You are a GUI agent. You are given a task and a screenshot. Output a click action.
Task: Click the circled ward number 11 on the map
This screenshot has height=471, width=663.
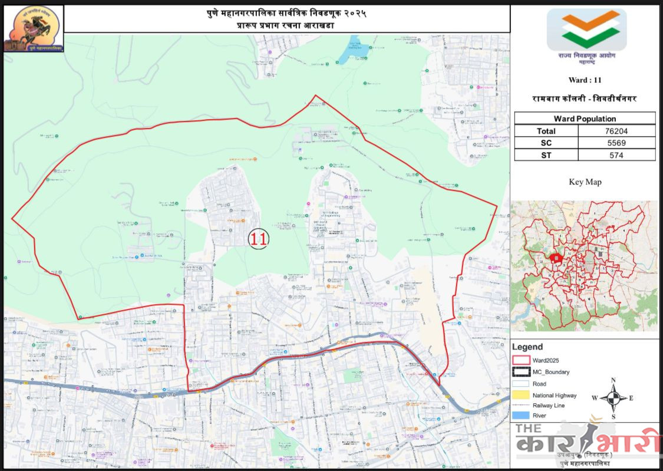[x=258, y=238]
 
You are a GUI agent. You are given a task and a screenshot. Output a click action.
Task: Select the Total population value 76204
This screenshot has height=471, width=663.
[x=616, y=131]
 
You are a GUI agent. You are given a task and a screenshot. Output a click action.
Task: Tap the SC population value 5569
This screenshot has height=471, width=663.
[x=616, y=143]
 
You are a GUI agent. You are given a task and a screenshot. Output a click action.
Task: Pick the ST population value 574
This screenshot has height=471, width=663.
[x=616, y=155]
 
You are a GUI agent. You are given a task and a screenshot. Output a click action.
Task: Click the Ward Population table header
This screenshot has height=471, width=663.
[x=585, y=118]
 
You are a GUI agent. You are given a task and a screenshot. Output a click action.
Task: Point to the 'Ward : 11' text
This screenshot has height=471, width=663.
[x=585, y=80]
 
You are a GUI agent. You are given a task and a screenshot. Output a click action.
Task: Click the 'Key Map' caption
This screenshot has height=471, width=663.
[x=585, y=182]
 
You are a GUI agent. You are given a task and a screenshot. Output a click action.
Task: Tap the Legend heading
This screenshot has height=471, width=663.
[x=527, y=347]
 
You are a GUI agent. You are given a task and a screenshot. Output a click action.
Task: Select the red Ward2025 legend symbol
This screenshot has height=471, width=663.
[x=522, y=360]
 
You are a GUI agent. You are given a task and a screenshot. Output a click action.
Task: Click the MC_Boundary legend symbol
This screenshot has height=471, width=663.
[x=522, y=372]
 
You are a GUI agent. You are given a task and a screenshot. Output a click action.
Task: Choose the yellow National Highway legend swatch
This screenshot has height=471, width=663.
[x=522, y=396]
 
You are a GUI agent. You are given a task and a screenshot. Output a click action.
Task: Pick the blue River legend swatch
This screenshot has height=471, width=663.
[x=522, y=416]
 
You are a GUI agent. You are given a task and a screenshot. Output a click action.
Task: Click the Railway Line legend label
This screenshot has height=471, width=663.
[x=549, y=406]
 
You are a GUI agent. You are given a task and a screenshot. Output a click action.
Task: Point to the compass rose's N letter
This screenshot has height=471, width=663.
[x=613, y=380]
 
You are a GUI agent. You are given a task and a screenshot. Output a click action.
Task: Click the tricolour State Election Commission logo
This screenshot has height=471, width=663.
[x=586, y=29]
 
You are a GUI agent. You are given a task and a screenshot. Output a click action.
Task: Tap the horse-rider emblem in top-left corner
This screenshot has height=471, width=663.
[x=34, y=28]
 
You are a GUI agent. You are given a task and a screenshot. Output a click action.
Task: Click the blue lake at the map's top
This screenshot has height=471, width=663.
[x=352, y=50]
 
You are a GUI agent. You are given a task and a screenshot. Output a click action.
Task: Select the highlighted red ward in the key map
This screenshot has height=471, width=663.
[x=555, y=258]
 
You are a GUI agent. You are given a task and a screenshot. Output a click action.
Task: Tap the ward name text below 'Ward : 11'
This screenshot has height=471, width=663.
[x=585, y=98]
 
